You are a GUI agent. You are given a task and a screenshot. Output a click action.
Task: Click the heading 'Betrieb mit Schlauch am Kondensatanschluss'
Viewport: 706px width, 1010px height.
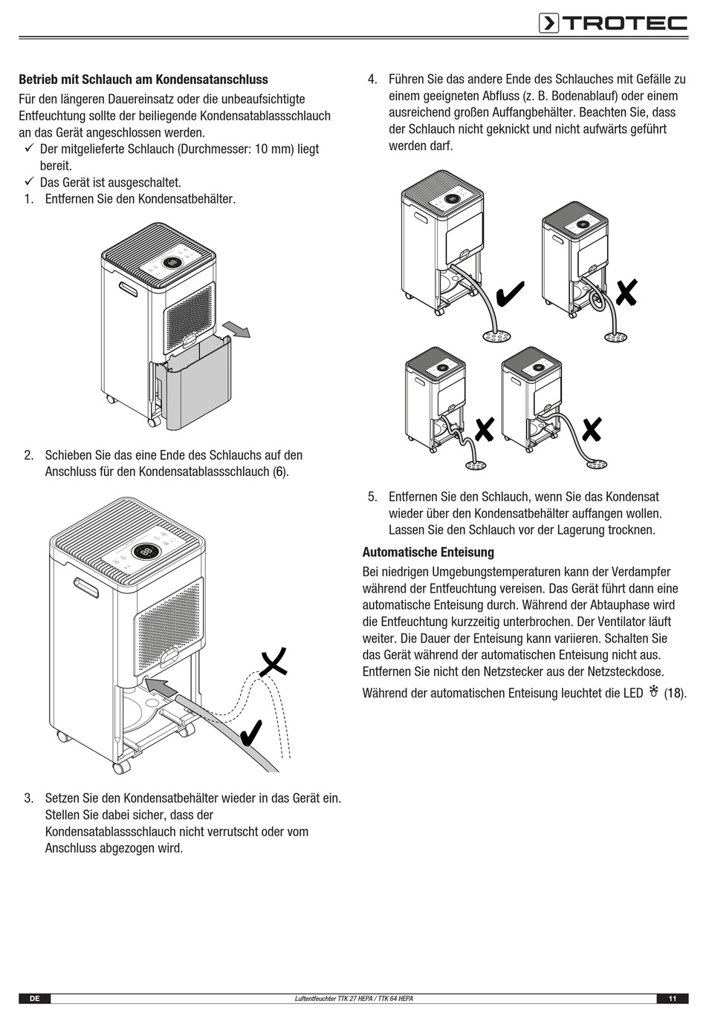(143, 79)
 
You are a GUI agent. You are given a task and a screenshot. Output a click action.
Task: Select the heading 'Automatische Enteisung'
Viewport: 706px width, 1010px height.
(428, 553)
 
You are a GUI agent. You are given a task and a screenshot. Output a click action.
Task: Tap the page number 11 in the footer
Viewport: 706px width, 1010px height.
(673, 999)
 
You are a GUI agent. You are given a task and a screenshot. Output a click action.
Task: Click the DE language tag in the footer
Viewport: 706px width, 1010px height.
(34, 999)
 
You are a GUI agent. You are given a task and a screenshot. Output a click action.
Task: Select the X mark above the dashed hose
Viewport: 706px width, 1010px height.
(273, 662)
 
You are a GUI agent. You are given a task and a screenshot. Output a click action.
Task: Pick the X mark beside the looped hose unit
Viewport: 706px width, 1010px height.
(626, 292)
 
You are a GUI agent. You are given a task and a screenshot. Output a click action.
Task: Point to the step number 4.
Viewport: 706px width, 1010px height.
(372, 79)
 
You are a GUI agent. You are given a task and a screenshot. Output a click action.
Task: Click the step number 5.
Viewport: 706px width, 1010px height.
(372, 497)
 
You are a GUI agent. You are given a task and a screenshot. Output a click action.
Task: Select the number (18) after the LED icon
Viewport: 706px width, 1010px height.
(674, 694)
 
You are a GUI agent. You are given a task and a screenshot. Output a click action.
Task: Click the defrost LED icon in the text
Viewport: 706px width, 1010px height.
(654, 692)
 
